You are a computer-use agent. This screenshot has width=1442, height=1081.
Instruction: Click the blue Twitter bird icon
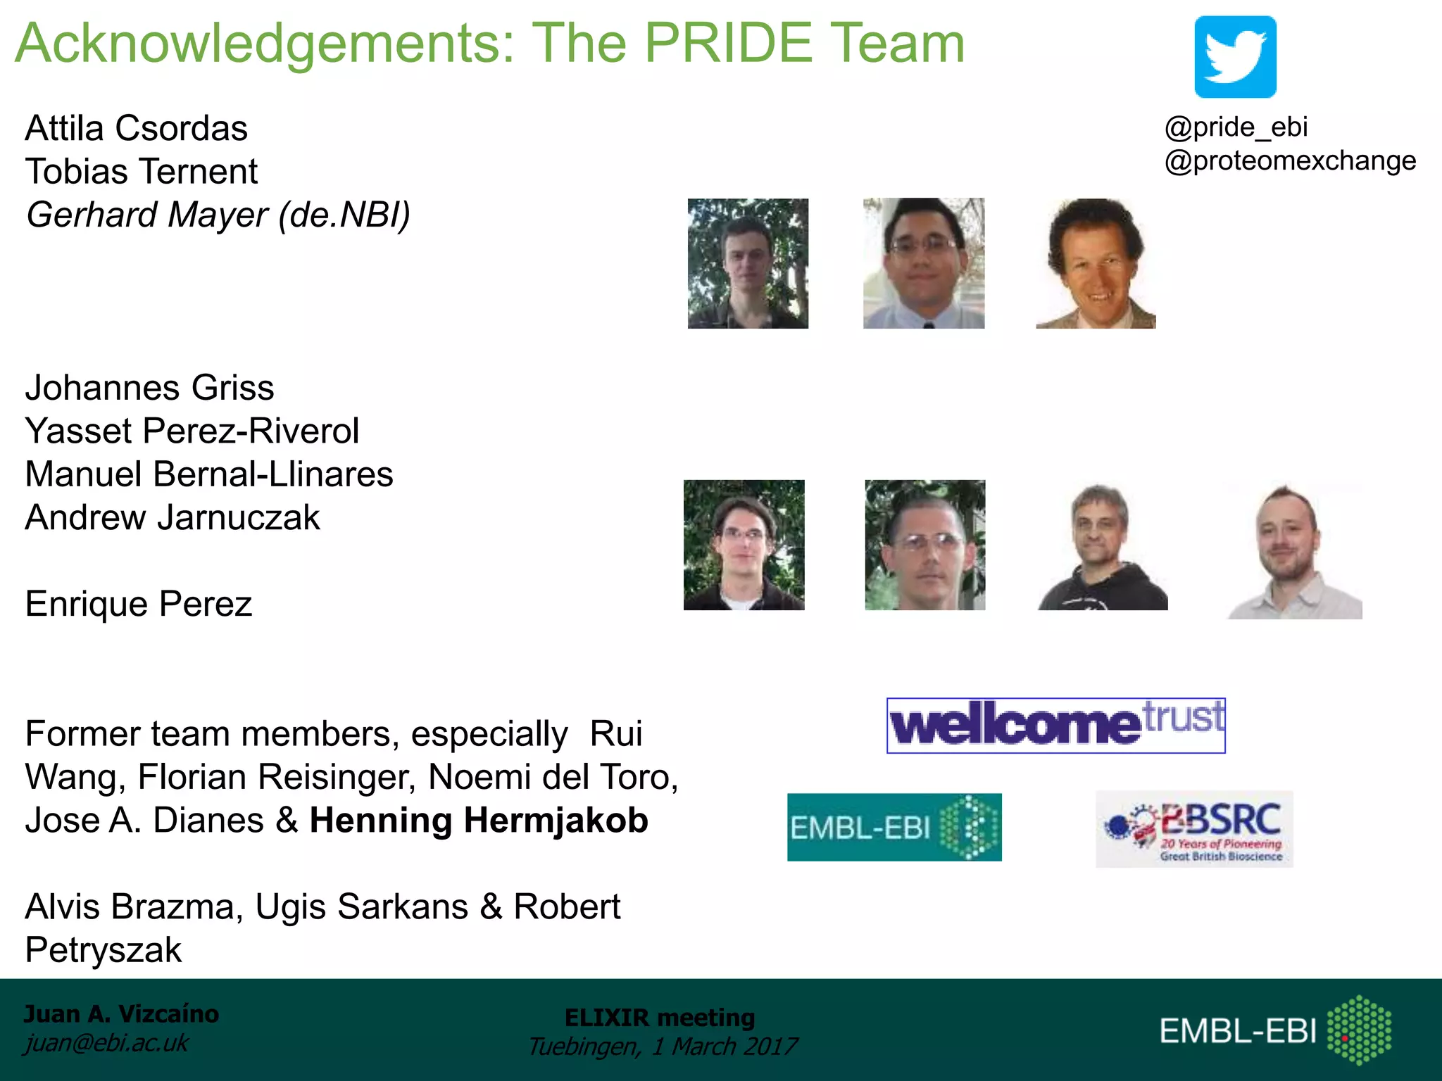pyautogui.click(x=1235, y=57)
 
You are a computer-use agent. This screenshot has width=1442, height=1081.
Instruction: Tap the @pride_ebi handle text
pyautogui.click(x=1236, y=127)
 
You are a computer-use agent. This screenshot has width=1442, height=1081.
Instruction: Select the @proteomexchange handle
pyautogui.click(x=1290, y=161)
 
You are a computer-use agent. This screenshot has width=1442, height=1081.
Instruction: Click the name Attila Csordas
pyautogui.click(x=137, y=129)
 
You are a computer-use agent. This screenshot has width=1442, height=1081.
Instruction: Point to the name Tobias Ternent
pyautogui.click(x=142, y=172)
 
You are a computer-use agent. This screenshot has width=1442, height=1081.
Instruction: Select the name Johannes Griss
pyautogui.click(x=149, y=388)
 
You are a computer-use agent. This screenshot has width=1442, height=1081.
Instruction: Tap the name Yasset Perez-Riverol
pyautogui.click(x=192, y=431)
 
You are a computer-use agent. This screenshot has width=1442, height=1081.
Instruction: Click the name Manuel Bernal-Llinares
pyautogui.click(x=209, y=474)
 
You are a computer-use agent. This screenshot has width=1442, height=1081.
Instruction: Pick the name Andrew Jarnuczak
pyautogui.click(x=173, y=518)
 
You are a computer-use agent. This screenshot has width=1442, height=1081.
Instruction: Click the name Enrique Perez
pyautogui.click(x=139, y=604)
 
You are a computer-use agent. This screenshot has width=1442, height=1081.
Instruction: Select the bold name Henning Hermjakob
pyautogui.click(x=479, y=821)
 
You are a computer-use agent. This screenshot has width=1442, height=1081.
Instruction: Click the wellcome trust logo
pyautogui.click(x=1055, y=726)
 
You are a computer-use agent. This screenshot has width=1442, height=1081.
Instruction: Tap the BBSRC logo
pyautogui.click(x=1194, y=829)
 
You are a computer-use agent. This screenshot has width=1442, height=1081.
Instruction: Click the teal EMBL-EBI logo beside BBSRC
pyautogui.click(x=894, y=828)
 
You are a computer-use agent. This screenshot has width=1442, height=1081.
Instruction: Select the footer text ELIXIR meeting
pyautogui.click(x=660, y=1018)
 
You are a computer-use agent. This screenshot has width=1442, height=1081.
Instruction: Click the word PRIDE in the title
pyautogui.click(x=729, y=44)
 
